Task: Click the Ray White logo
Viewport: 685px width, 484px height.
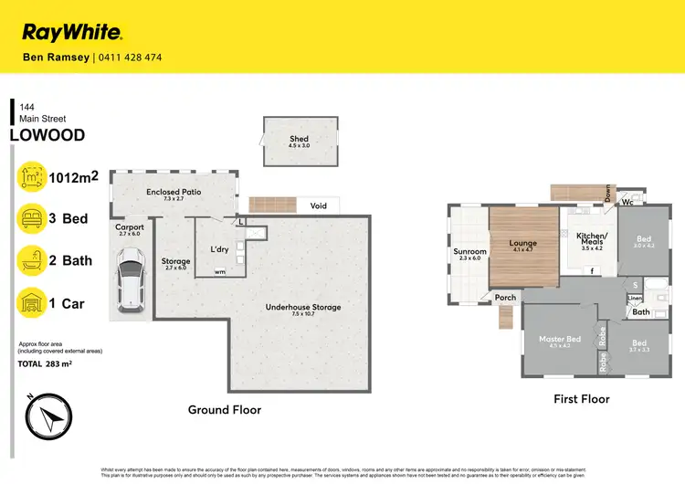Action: tap(71, 33)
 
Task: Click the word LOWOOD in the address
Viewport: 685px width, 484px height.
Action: tap(47, 135)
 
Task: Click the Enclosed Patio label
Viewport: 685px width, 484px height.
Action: tap(174, 192)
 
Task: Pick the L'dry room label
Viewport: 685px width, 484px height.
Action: tap(219, 248)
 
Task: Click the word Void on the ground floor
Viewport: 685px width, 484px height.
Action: tap(319, 205)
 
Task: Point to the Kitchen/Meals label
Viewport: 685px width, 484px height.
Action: tap(592, 239)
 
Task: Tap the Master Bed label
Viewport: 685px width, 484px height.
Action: tap(559, 339)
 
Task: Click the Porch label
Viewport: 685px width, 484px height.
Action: tap(505, 297)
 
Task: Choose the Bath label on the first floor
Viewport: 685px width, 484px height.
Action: tap(640, 312)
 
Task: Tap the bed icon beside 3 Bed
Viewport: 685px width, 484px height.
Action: tap(32, 217)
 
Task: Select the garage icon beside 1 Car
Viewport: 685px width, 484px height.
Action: tap(32, 302)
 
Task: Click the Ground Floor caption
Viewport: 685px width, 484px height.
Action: tap(224, 410)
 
